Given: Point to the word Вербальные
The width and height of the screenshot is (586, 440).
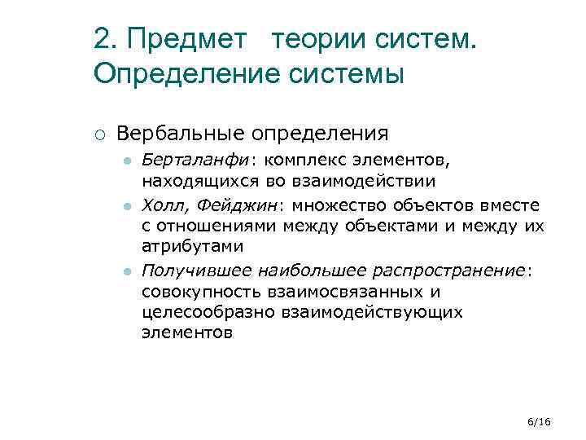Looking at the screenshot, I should (x=181, y=132).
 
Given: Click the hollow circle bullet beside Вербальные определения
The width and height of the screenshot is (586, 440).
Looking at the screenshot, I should (x=97, y=133).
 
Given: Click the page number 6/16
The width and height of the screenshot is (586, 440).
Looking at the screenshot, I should (x=539, y=420).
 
